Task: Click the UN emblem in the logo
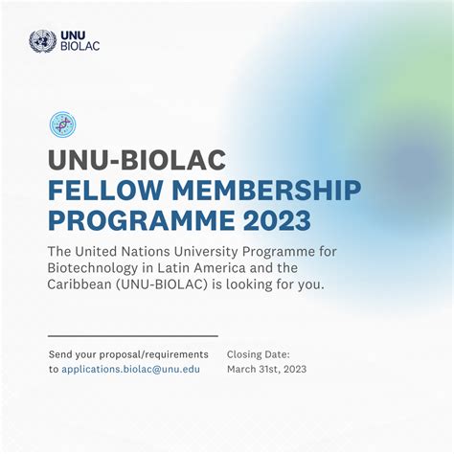click(x=42, y=41)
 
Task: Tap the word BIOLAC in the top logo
click(x=80, y=46)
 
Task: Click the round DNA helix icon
click(x=63, y=125)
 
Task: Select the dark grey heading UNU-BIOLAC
click(x=137, y=160)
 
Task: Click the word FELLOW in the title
click(x=105, y=191)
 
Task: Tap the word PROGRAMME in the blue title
click(x=142, y=220)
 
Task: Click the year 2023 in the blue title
click(x=277, y=220)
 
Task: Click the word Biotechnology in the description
click(x=93, y=268)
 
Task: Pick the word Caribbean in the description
click(x=79, y=284)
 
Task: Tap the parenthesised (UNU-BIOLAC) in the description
click(x=162, y=284)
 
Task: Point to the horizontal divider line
click(x=133, y=336)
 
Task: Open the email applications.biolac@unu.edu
click(x=131, y=369)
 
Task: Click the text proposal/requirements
click(x=154, y=354)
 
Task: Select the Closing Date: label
click(x=259, y=354)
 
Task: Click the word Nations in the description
click(x=146, y=252)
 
